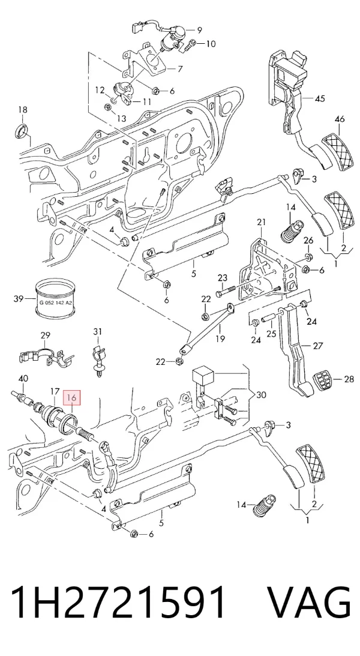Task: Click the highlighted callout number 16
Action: point(73,398)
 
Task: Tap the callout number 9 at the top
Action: point(199,29)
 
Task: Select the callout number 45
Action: point(320,99)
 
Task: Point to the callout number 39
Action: point(19,298)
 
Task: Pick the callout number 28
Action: point(349,379)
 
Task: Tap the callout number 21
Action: point(262,221)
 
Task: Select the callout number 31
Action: point(97,332)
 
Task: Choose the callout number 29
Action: point(45,335)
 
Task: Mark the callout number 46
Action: point(340,119)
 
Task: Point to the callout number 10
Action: point(211,43)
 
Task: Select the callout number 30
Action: point(261,394)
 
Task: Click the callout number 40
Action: point(23,379)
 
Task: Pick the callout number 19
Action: point(220,339)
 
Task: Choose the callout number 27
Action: point(318,346)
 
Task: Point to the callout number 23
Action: point(222,278)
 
